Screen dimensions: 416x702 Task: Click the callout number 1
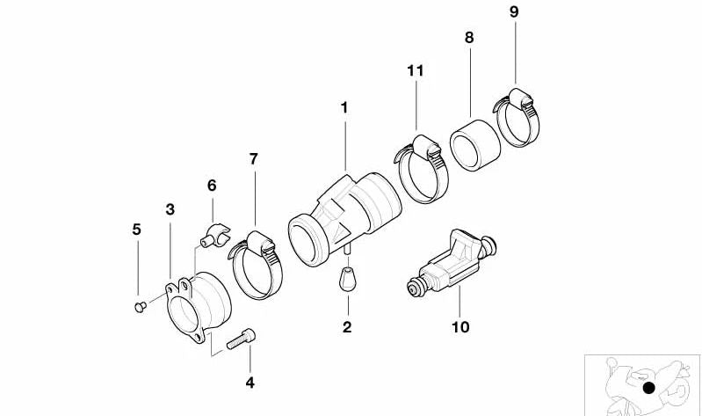coord(344,107)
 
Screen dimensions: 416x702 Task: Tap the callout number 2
coord(347,327)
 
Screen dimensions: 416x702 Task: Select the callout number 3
coord(170,209)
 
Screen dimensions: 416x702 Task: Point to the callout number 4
coord(250,383)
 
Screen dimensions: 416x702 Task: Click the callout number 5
coord(136,230)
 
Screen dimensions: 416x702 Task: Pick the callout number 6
coord(212,186)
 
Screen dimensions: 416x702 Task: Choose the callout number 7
coord(253,159)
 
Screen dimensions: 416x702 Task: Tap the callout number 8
coord(468,38)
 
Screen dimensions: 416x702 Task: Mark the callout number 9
coord(514,12)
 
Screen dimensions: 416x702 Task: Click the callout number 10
coord(460,327)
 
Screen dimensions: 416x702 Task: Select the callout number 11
coord(416,69)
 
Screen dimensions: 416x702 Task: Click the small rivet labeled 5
coord(139,305)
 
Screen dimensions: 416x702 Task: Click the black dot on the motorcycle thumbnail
coord(648,388)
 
